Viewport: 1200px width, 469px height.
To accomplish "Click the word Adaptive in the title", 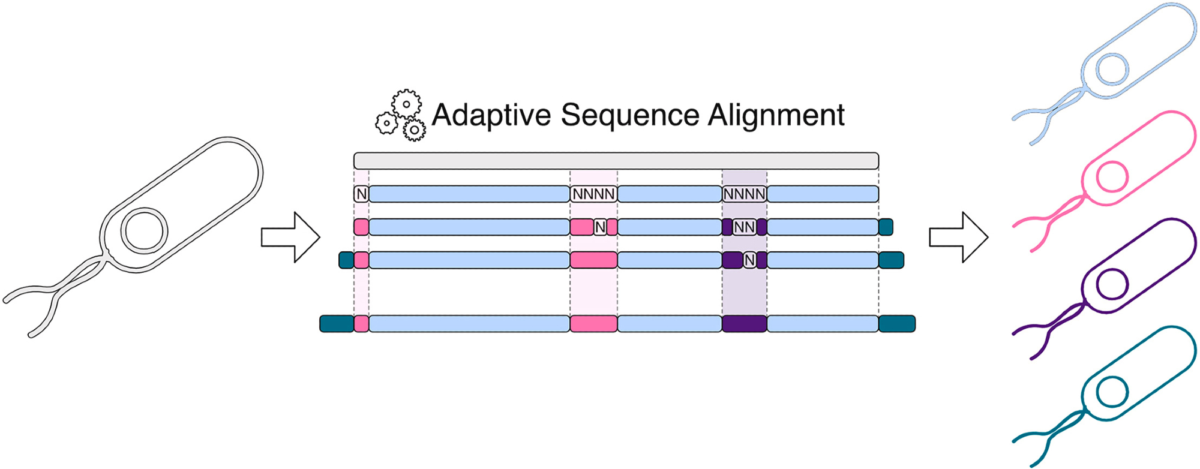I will point(491,115).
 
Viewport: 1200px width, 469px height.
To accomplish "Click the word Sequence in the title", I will point(630,115).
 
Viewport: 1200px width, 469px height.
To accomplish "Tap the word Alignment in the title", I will point(776,115).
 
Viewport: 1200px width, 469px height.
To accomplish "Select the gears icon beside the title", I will point(401,116).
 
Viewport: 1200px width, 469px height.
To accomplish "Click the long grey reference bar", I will point(616,161).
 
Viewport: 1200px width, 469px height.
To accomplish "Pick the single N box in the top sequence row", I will point(361,194).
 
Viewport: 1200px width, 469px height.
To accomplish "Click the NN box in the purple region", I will point(744,227).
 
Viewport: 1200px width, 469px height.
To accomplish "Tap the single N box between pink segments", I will point(600,227).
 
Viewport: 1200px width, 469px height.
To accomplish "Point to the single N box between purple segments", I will point(749,260).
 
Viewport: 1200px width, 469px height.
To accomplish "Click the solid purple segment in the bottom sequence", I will point(744,324).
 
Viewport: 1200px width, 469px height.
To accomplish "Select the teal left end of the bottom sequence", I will point(336,324).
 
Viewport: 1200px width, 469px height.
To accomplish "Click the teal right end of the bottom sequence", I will point(897,324).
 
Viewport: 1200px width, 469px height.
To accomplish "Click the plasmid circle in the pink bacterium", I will point(1112,178).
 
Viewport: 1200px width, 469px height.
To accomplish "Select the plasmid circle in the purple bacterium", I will point(1112,284).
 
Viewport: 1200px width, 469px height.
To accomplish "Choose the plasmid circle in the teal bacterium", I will point(1112,392).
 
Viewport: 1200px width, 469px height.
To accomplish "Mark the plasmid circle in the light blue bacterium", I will point(1112,69).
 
